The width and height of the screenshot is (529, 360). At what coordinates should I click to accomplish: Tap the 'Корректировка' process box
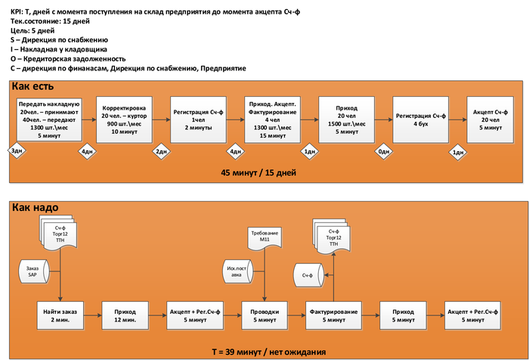pos(123,119)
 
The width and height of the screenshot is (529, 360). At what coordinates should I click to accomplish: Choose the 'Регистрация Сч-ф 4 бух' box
pos(421,119)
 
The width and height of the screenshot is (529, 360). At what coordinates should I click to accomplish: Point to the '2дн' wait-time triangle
pos(161,151)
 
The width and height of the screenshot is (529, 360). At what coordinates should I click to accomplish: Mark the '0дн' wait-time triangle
pos(384,151)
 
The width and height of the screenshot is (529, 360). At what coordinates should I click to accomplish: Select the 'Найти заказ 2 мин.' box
pos(61,314)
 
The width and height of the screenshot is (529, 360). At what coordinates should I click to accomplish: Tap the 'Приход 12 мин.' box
pos(125,314)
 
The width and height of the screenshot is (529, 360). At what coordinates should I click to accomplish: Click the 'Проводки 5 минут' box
pos(264,314)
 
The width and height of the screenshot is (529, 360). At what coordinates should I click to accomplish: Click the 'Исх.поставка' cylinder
pos(234,271)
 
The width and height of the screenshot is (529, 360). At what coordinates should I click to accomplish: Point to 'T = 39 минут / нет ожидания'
pos(268,352)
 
